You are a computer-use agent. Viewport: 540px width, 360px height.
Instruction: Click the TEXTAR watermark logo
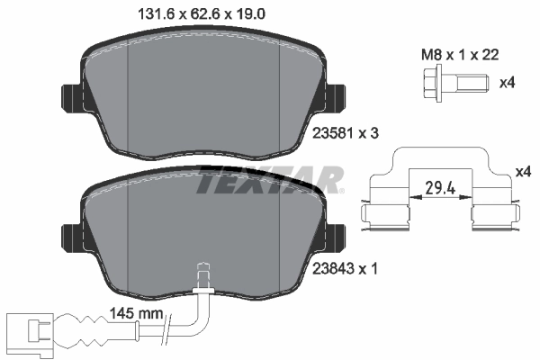268,181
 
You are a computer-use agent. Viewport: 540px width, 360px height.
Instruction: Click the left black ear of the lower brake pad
69,238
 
